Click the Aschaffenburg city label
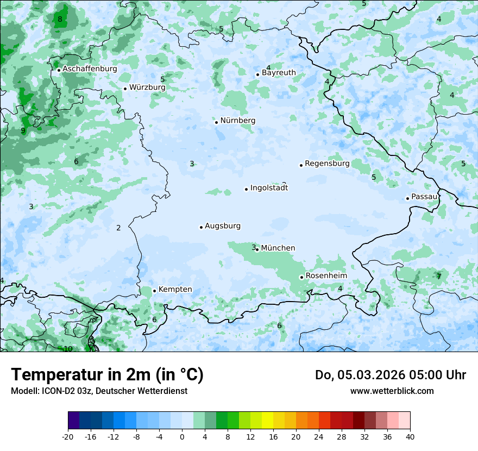pyautogui.click(x=90, y=69)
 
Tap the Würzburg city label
pyautogui.click(x=147, y=87)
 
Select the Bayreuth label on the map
pyautogui.click(x=279, y=73)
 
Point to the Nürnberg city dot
pyautogui.click(x=216, y=122)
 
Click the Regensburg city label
pyautogui.click(x=327, y=164)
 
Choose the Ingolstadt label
pyautogui.click(x=269, y=188)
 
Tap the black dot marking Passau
pyautogui.click(x=407, y=198)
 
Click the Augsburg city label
pyautogui.click(x=223, y=226)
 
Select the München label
pyautogui.click(x=278, y=248)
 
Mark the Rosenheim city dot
pyautogui.click(x=301, y=277)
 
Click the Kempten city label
pyautogui.click(x=175, y=290)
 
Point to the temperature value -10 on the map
pyautogui.click(x=66, y=349)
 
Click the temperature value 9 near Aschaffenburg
pyautogui.click(x=23, y=130)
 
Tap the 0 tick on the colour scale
pyautogui.click(x=182, y=436)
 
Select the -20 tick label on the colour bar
pyautogui.click(x=68, y=436)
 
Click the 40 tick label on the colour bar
pyautogui.click(x=410, y=436)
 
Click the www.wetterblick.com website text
pyautogui.click(x=392, y=391)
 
